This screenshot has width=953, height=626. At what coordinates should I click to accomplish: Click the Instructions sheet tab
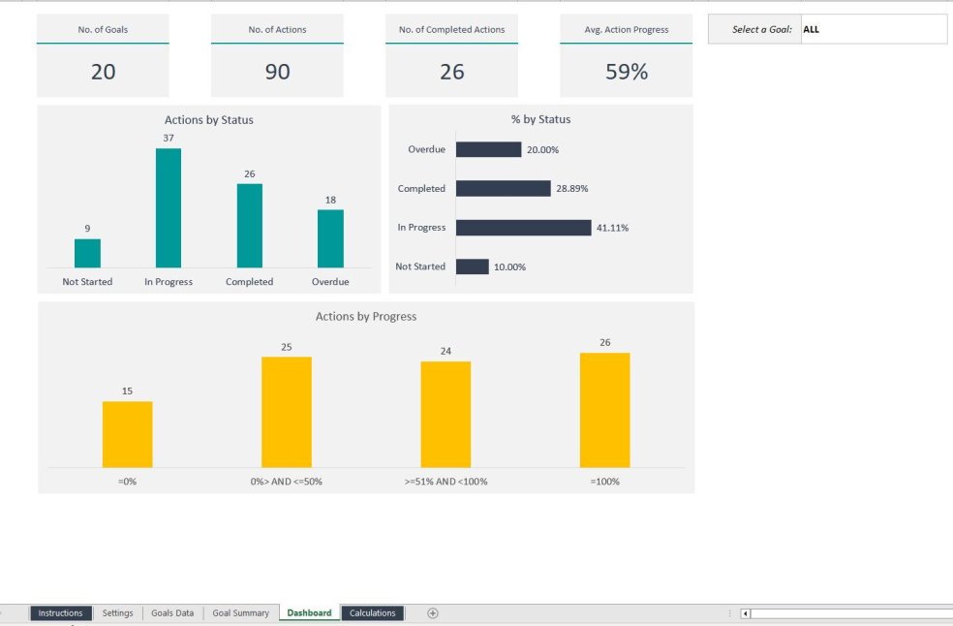(61, 612)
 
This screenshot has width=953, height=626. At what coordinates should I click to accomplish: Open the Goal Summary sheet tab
(240, 612)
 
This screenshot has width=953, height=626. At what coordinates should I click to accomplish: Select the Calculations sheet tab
(372, 612)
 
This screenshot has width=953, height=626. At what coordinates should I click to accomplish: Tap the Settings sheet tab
(117, 612)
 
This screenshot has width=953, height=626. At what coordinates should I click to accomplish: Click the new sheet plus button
(433, 612)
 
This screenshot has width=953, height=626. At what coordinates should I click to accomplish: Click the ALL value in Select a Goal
(812, 30)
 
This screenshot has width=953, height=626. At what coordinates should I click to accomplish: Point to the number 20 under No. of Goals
(103, 72)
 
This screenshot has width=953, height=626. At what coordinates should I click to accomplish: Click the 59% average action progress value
(626, 72)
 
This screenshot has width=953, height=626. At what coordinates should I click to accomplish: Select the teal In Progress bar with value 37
(169, 208)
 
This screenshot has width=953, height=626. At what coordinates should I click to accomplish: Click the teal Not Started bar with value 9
(87, 253)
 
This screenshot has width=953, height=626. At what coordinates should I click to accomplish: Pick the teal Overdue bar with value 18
(330, 238)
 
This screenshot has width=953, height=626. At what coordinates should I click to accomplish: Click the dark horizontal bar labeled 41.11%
(523, 228)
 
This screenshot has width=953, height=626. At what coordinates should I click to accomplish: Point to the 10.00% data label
(509, 266)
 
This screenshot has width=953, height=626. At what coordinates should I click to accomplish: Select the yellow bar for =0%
(127, 434)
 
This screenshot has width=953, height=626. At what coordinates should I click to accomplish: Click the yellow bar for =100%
(604, 410)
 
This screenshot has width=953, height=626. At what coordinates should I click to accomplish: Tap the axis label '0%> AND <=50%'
(286, 482)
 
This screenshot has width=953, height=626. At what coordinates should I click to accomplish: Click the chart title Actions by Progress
(366, 317)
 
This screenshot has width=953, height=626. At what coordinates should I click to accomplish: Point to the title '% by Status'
(540, 120)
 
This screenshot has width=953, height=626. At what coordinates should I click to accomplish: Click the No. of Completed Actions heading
(451, 30)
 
